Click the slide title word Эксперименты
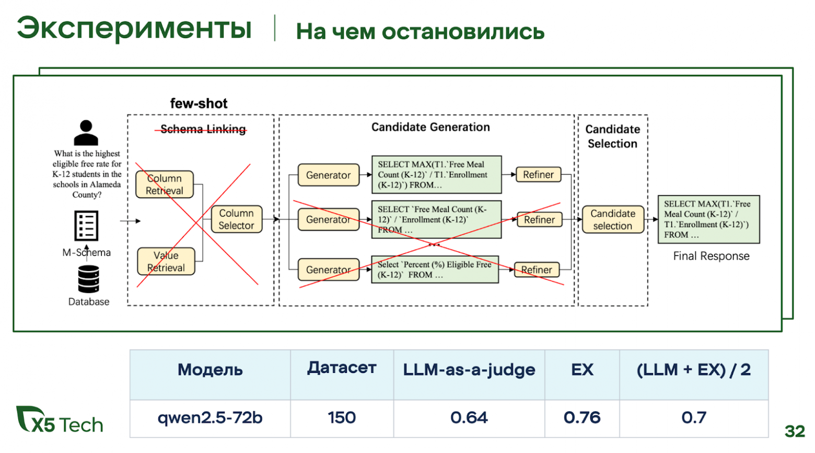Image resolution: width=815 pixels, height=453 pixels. [134, 28]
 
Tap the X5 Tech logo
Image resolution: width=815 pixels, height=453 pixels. [60, 420]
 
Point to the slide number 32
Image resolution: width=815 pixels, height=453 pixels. [795, 431]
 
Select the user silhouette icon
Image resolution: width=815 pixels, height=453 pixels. [86, 132]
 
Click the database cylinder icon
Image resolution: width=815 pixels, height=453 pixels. [88, 279]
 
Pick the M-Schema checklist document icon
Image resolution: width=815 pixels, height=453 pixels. [86, 226]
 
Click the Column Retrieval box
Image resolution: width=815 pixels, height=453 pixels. [164, 185]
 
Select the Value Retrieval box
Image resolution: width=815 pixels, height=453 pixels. [166, 262]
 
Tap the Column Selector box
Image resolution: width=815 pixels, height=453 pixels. [236, 219]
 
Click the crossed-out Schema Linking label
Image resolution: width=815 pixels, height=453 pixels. [203, 129]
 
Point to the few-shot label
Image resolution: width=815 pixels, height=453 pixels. [199, 104]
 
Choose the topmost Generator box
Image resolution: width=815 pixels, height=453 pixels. [328, 175]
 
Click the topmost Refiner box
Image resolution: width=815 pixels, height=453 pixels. [538, 175]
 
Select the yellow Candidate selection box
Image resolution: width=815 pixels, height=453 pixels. [612, 220]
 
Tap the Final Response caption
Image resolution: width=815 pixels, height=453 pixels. [711, 256]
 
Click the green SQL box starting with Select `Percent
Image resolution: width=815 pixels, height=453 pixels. [435, 269]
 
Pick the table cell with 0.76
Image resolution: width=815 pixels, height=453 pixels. [581, 418]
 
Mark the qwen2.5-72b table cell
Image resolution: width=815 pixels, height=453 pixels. [210, 418]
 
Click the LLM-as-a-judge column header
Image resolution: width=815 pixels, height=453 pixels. [469, 370]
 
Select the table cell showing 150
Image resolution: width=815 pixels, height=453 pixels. [342, 418]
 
